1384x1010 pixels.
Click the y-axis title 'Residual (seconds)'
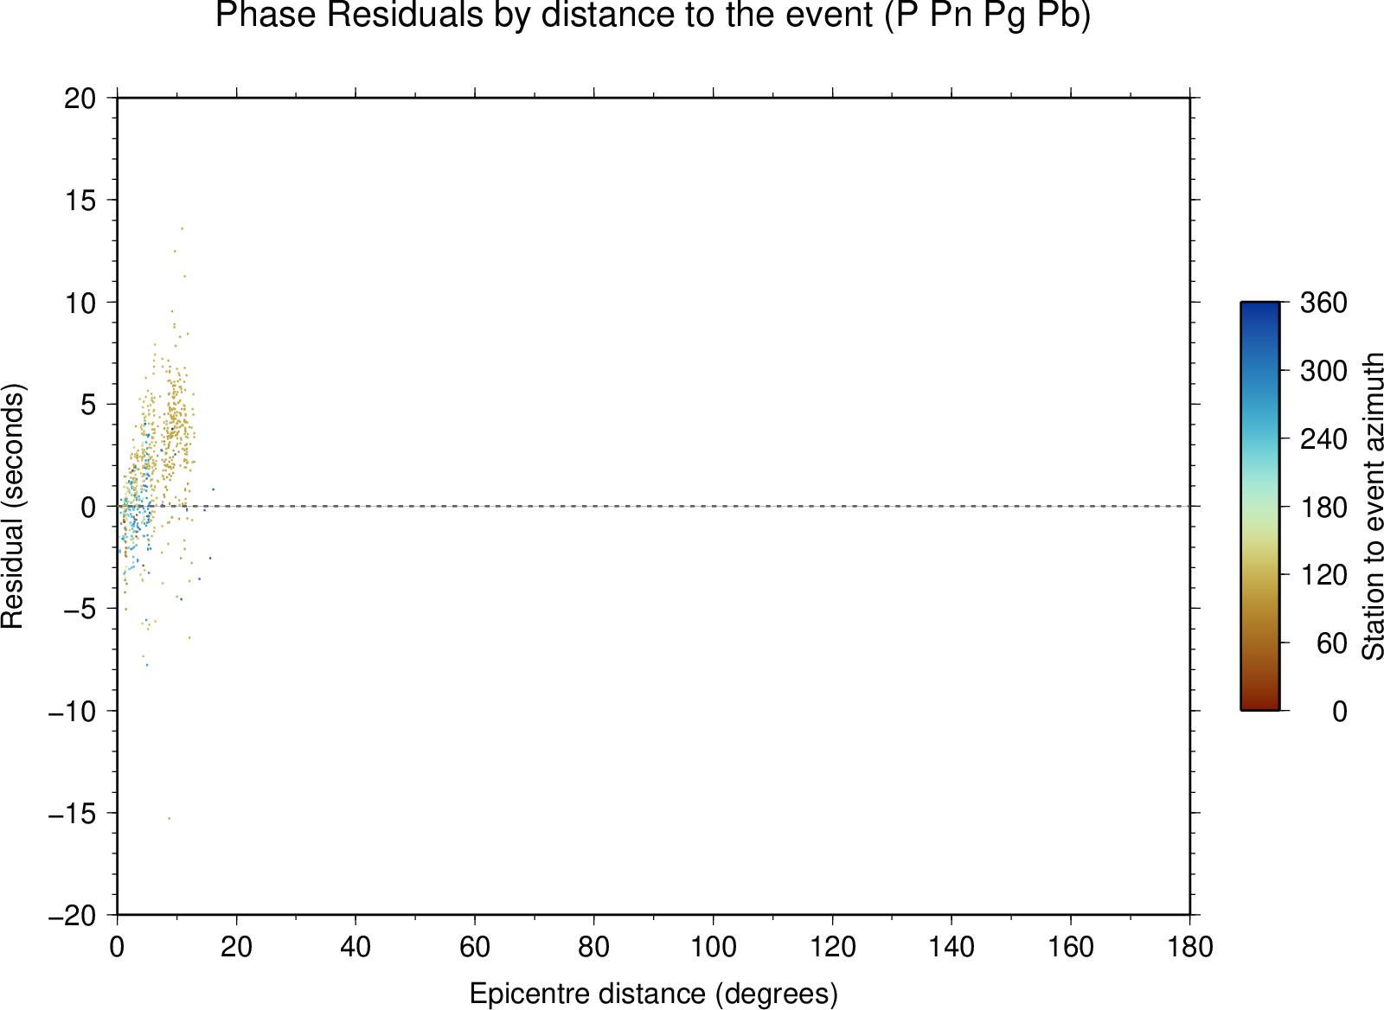point(12,506)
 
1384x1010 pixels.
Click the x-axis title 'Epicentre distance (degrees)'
point(653,976)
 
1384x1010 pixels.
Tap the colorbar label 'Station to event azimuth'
point(1372,506)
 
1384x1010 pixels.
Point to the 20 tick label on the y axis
point(80,99)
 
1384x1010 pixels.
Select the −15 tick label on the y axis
point(73,814)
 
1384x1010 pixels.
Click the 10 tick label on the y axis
point(80,303)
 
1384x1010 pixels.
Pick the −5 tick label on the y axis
point(80,609)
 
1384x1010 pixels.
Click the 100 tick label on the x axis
point(713,947)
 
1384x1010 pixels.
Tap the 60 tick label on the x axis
point(475,947)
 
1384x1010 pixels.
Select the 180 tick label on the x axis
point(1190,947)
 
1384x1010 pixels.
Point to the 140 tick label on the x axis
point(951,947)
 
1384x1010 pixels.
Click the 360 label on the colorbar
point(1323,303)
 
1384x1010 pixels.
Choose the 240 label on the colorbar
point(1323,439)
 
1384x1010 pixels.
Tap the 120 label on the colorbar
point(1323,575)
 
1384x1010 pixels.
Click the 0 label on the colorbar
point(1340,712)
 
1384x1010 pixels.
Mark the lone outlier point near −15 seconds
point(169,819)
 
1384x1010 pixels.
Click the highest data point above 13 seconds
point(182,228)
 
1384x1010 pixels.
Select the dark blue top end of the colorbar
point(1259,305)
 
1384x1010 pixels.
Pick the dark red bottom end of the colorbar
point(1259,706)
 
